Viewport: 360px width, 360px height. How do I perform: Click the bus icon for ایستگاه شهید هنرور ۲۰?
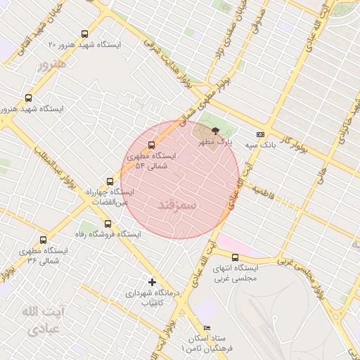coord(85,34)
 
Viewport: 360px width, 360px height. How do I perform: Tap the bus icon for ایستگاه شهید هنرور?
coord(29,98)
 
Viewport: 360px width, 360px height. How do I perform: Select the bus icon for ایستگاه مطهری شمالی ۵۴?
coord(152,146)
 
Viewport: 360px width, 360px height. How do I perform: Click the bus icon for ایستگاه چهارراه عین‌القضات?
coord(109,181)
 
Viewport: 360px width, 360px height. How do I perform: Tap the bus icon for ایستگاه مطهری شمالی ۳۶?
coord(44,240)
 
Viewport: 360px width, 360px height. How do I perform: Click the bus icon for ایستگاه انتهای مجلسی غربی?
coord(235,257)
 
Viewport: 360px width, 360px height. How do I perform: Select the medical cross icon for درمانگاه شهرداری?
coord(152,282)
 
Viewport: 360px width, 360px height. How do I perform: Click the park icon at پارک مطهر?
coord(214,131)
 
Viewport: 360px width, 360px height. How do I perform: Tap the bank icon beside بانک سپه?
coord(261,134)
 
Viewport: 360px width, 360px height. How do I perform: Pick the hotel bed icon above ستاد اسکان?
coord(206,328)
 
